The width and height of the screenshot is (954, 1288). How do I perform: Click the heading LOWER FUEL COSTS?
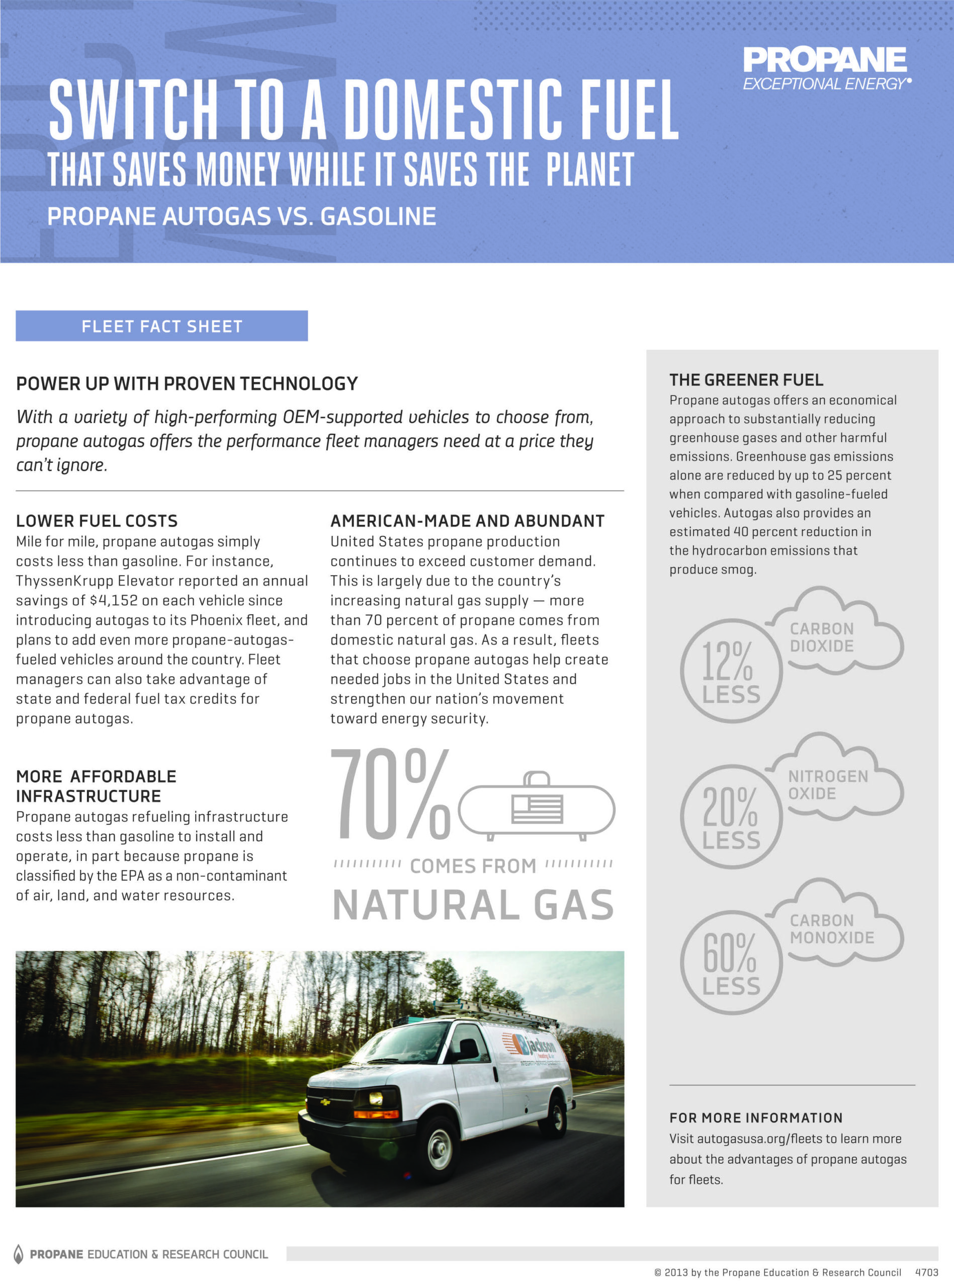(97, 520)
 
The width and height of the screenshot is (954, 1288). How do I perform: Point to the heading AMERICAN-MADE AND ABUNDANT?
(467, 520)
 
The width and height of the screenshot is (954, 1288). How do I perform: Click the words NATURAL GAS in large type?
(473, 905)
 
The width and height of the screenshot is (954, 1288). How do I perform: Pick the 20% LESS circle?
(731, 816)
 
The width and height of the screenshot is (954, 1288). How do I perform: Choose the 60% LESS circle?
(731, 962)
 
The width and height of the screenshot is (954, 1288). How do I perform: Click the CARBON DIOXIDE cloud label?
(822, 637)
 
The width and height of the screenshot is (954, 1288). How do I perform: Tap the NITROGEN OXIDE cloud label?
(828, 784)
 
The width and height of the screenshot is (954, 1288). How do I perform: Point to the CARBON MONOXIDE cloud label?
(832, 929)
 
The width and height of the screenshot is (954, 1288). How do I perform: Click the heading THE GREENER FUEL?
(746, 379)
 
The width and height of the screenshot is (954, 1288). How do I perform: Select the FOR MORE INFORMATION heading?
(756, 1117)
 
